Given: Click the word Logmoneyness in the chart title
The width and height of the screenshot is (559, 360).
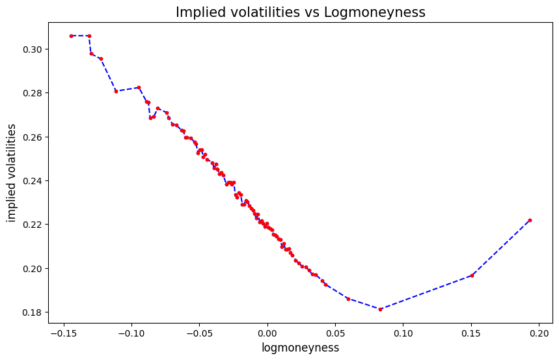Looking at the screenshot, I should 368,12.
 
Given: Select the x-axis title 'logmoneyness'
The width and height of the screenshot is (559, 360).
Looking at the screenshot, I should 301,348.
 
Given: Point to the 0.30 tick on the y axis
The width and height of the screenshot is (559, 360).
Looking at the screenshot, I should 32,49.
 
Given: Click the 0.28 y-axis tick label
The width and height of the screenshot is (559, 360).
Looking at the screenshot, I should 32,93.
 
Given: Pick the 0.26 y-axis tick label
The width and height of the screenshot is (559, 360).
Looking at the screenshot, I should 32,137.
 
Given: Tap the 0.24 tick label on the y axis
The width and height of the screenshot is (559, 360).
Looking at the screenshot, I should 32,181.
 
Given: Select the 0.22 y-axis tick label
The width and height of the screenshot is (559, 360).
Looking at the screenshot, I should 32,225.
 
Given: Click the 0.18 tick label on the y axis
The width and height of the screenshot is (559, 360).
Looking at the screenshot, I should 32,312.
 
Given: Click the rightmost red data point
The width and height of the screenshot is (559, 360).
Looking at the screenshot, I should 530,220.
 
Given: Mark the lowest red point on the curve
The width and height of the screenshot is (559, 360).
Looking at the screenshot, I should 380,309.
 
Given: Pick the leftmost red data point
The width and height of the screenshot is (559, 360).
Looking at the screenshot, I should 71,36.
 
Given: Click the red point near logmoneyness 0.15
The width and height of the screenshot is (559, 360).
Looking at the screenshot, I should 472,275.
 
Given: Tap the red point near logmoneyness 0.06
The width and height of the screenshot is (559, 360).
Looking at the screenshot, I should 348,299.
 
